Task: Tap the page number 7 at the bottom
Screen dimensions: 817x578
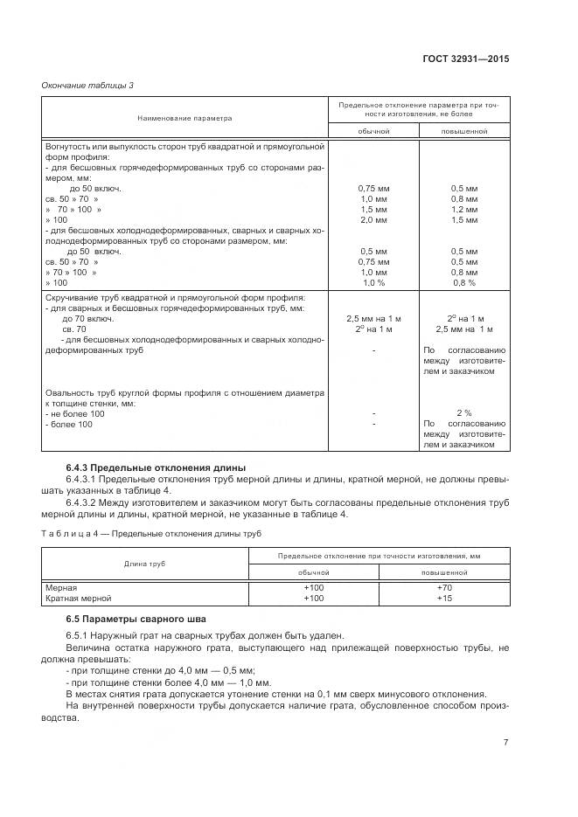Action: (x=506, y=743)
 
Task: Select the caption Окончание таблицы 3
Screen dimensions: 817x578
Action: (x=88, y=84)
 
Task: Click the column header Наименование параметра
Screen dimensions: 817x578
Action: (x=185, y=117)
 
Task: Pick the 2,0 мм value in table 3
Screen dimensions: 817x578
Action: (x=373, y=220)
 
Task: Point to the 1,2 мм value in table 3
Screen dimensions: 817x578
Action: (x=463, y=210)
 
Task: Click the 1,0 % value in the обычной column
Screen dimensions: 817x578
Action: (x=373, y=283)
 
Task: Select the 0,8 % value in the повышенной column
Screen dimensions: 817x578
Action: (x=463, y=283)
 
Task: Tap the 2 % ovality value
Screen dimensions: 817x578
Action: (x=463, y=413)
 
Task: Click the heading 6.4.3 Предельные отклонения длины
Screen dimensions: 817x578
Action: (x=156, y=467)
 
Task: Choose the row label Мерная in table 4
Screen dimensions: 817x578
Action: (x=61, y=588)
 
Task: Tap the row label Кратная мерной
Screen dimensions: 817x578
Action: (x=78, y=599)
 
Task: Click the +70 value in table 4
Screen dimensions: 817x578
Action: (x=443, y=588)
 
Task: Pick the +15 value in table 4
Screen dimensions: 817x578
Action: (x=443, y=599)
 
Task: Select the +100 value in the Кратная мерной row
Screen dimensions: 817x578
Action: (x=313, y=599)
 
